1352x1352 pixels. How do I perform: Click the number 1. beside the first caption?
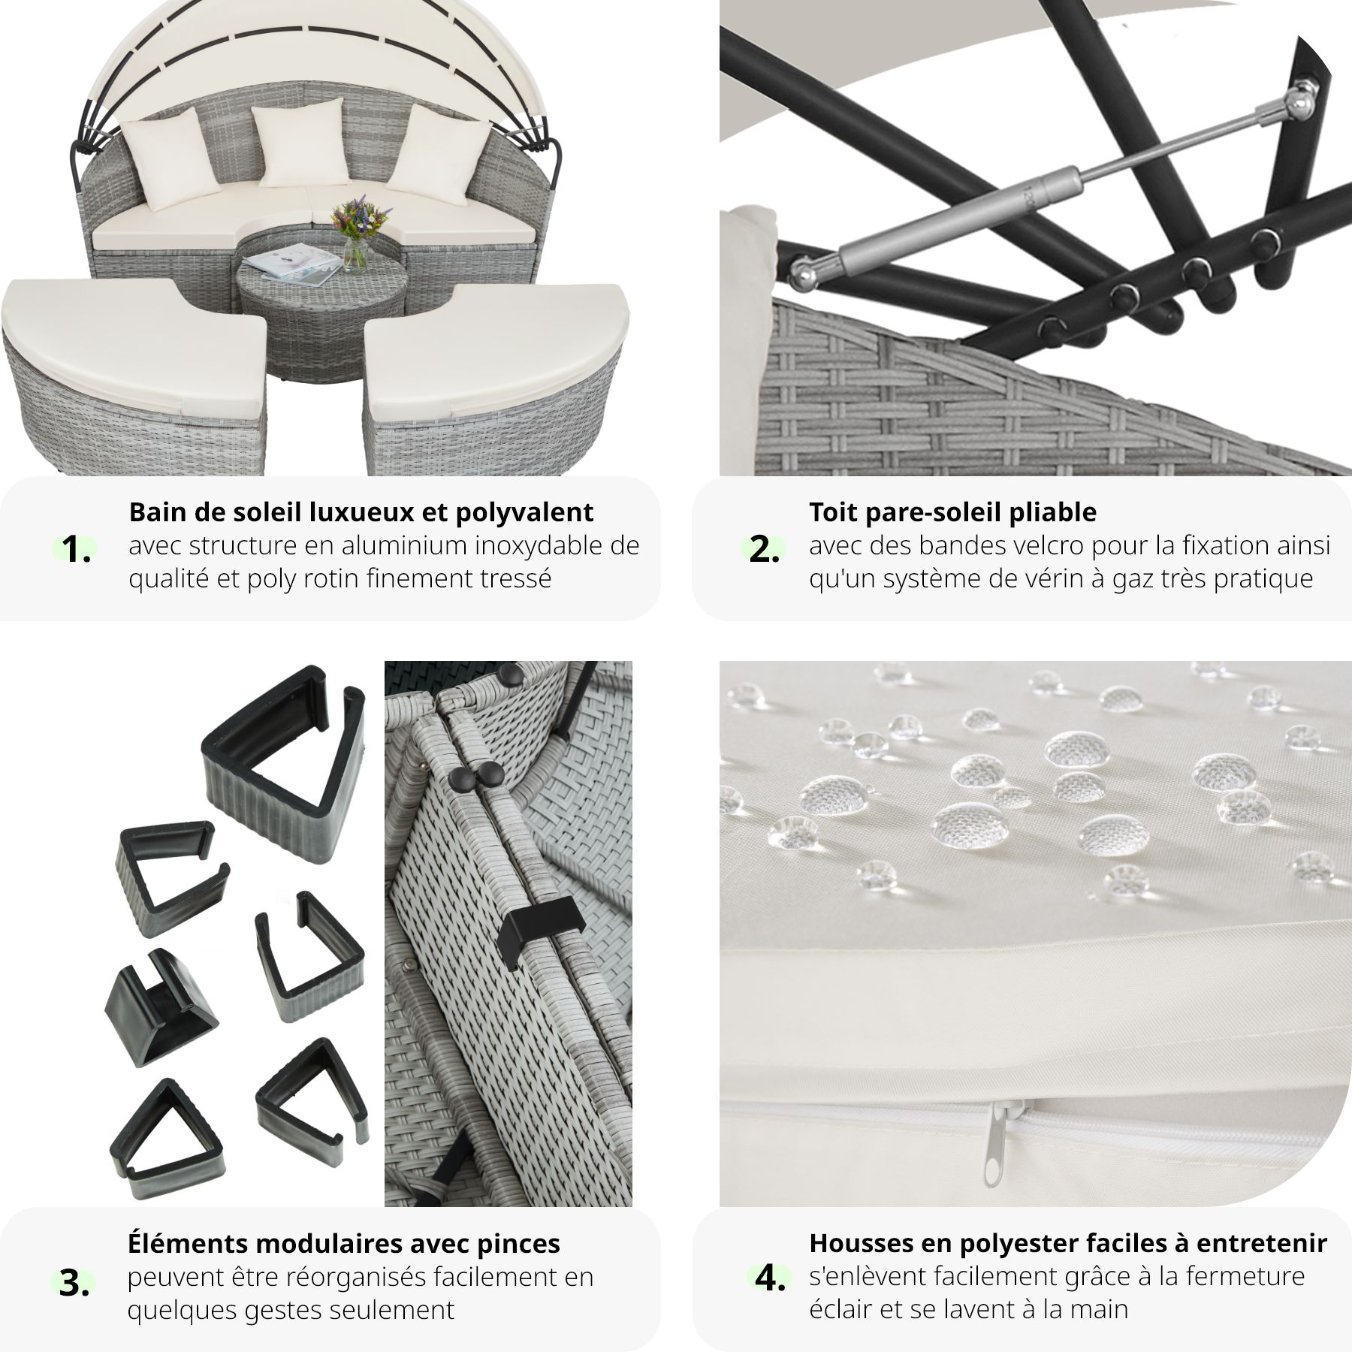76,551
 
